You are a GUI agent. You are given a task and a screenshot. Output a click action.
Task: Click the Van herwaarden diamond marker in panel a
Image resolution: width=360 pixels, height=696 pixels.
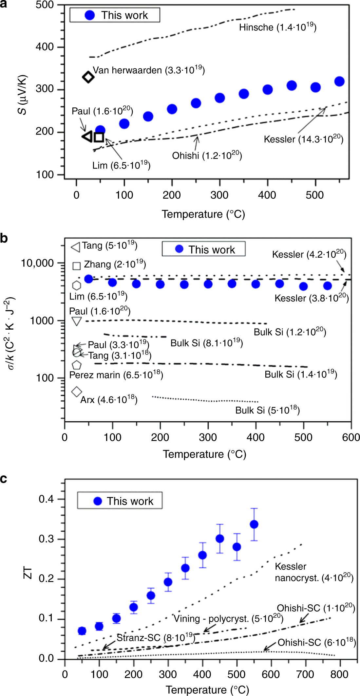tap(88, 77)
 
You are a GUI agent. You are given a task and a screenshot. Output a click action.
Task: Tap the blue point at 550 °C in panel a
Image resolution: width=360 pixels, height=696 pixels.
tap(339, 81)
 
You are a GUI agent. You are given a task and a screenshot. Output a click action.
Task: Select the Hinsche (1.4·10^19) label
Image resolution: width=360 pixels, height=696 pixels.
tap(277, 27)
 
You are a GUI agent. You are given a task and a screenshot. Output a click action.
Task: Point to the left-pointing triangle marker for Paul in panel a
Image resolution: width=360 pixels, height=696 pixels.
tap(87, 137)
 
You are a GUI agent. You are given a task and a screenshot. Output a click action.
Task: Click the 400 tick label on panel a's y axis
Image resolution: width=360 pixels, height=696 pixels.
tap(45, 47)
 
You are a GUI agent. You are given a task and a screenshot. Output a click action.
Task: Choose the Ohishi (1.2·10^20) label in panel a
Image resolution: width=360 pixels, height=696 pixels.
tap(207, 155)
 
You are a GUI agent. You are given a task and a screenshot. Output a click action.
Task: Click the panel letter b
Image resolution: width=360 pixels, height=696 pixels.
tap(4, 238)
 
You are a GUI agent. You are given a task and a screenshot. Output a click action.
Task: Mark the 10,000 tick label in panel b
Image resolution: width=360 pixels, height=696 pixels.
tap(37, 263)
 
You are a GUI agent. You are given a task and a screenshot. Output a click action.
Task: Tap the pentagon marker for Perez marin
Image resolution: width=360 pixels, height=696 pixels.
tap(77, 365)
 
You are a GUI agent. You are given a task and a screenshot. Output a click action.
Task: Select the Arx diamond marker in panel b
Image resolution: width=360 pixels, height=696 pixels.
tap(77, 391)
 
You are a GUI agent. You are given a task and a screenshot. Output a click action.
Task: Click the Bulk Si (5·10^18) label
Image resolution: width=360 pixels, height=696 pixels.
tap(267, 410)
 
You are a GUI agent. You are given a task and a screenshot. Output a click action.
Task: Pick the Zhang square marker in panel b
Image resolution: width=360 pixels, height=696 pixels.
tap(76, 266)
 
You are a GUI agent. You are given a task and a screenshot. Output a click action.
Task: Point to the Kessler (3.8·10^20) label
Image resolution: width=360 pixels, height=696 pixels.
tap(311, 298)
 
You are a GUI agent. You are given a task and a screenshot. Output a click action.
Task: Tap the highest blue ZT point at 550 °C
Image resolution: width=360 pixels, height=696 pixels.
tap(254, 524)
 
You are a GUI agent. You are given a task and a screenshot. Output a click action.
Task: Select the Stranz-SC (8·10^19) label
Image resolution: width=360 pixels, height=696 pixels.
tap(156, 638)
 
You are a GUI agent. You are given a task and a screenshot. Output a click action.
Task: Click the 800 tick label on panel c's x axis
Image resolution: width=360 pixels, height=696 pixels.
tap(339, 674)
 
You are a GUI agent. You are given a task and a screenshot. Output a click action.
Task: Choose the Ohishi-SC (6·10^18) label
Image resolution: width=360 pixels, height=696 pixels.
tap(316, 643)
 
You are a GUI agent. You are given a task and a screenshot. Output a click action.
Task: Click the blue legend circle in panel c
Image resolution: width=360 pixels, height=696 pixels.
tap(98, 501)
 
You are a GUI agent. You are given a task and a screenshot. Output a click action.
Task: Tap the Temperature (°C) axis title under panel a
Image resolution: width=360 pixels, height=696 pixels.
tap(203, 214)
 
